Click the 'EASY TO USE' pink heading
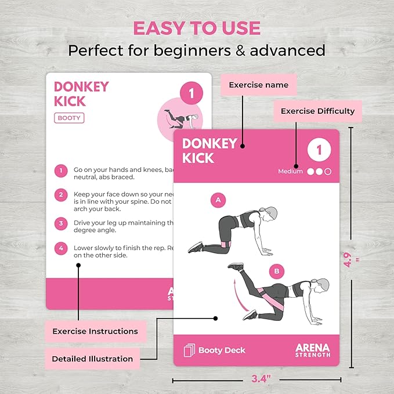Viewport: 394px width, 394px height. pos(197,28)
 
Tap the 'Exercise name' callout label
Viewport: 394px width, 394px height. pos(258,85)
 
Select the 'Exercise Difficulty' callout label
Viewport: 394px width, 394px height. pos(317,111)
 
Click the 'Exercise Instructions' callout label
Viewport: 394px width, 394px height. pos(95,331)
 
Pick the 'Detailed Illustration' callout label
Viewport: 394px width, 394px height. pos(92,359)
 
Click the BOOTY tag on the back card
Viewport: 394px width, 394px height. pos(69,118)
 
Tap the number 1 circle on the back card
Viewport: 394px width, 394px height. pos(191,93)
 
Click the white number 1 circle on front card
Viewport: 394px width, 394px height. pos(319,150)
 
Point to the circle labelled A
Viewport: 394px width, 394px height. pos(218,201)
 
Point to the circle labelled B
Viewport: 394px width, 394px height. pos(276,270)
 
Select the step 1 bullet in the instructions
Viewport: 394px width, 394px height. pos(60,171)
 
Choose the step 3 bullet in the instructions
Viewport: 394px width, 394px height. pos(60,223)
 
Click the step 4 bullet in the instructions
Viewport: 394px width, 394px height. pos(60,248)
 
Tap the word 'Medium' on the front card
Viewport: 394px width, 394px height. pos(291,172)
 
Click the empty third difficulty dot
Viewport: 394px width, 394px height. pos(328,172)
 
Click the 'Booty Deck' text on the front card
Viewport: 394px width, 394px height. pos(222,350)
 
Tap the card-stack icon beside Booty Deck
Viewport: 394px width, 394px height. pos(189,350)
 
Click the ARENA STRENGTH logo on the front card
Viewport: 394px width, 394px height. pos(313,350)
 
